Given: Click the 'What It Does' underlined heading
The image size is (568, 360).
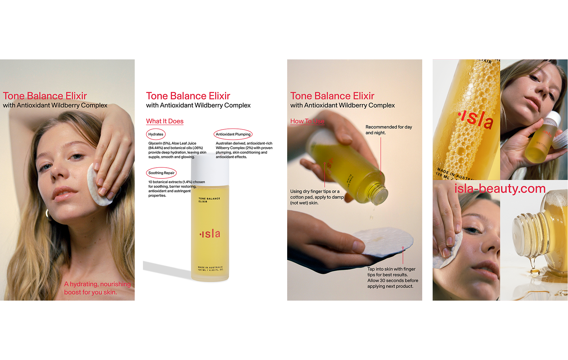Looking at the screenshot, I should click(x=165, y=121).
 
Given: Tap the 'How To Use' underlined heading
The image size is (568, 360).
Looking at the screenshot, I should click(x=307, y=121).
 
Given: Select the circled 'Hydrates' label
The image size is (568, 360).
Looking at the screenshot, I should click(x=156, y=134).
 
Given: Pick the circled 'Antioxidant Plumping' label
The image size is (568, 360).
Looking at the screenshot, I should click(x=233, y=134).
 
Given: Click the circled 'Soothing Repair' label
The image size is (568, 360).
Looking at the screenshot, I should click(x=161, y=173).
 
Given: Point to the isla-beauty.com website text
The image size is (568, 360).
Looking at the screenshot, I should click(x=500, y=189).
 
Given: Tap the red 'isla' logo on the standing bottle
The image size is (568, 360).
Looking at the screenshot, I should click(x=210, y=234).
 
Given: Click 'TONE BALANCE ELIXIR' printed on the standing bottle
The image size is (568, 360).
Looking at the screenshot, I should click(x=209, y=200).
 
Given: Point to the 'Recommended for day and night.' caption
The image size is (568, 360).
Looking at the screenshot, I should click(x=388, y=130).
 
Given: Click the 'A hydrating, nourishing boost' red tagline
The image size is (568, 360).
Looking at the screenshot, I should click(x=97, y=288).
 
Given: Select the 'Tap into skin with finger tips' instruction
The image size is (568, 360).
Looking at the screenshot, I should click(x=392, y=278).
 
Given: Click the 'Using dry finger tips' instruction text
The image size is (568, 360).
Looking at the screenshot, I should click(x=317, y=197).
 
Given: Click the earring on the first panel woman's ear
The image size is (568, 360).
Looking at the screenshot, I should click(x=48, y=214).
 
